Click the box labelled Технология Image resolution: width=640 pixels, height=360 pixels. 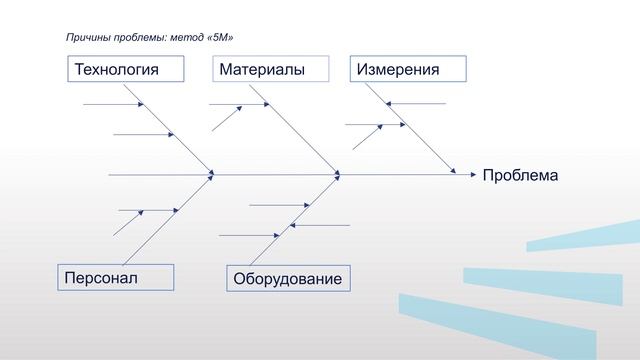127,70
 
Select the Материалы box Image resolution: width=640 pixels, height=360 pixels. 271,70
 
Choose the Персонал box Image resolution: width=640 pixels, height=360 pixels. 115,277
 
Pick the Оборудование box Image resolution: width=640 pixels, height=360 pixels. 288,279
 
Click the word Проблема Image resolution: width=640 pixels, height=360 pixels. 520,176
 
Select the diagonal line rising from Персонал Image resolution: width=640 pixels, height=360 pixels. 170,218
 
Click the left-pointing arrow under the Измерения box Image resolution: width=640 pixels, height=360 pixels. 415,104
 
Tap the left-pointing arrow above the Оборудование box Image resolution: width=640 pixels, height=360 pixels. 320,225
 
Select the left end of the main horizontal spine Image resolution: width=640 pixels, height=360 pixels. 110,174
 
